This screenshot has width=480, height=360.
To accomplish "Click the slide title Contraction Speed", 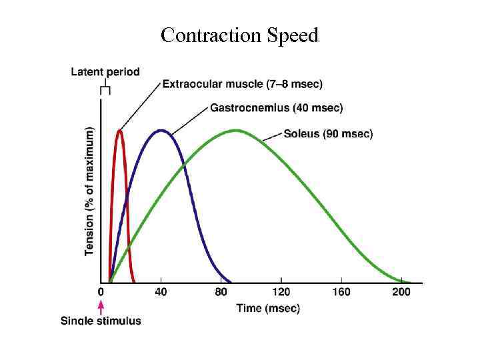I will coord(239,35).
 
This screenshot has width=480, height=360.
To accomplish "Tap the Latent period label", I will coord(105,72).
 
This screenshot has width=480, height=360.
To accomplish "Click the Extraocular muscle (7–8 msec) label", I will coord(243,84).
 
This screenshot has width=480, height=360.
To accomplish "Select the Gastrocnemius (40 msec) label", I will coord(277,107).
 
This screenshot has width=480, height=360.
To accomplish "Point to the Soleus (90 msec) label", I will coord(328,134).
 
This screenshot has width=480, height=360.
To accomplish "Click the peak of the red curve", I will coord(119,130).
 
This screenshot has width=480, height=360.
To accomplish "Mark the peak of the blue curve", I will coord(161,130).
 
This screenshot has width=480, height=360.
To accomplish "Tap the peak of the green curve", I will coord(235,130).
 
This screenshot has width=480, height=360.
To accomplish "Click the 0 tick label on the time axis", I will coord(101,292).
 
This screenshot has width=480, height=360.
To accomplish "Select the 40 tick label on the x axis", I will coord(161,292).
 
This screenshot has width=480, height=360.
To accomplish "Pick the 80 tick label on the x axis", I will coord(221,292).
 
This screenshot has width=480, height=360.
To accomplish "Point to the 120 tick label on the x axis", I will coord(281,292).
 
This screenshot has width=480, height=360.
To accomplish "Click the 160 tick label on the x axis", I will coord(341,292).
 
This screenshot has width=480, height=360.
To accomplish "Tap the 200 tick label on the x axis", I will coord(401,292).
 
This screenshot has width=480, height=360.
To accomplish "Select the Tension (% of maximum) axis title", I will coord(89,191).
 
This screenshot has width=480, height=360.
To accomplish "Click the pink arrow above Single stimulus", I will coord(101,307).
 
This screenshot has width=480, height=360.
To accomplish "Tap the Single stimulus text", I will coord(101,321).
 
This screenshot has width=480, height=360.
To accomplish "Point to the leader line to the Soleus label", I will coord(272,137).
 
